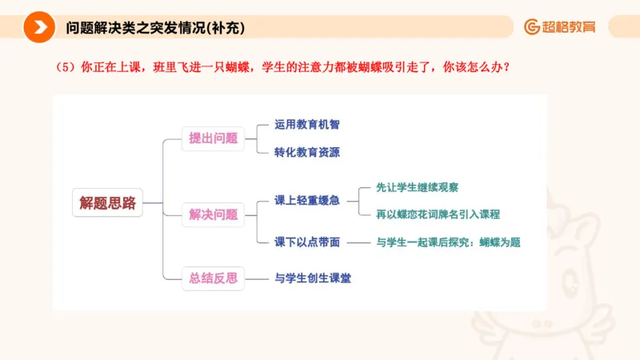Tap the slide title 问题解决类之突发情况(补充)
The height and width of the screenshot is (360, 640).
coord(155,27)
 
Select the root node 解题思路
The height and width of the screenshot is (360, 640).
coord(107,203)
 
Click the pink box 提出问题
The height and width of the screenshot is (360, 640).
coord(213,138)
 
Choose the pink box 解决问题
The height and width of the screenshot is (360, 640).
coord(213,214)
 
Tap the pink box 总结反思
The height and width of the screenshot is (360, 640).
coord(213,278)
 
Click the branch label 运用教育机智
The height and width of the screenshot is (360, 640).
coord(306,125)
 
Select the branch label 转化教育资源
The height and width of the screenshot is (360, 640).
coord(306,152)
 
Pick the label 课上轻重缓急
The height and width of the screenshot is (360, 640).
coord(306,200)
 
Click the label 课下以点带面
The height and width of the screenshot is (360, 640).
coord(306,242)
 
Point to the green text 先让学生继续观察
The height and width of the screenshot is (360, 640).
coord(417,187)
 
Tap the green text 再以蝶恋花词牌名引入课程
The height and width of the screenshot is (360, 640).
coord(438,214)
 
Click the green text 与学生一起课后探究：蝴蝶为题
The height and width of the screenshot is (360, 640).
coord(448,242)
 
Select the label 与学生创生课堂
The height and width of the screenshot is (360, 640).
coord(313,278)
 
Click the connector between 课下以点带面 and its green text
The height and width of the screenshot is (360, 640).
coord(358,242)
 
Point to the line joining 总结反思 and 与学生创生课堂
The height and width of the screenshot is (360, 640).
coord(256,278)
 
